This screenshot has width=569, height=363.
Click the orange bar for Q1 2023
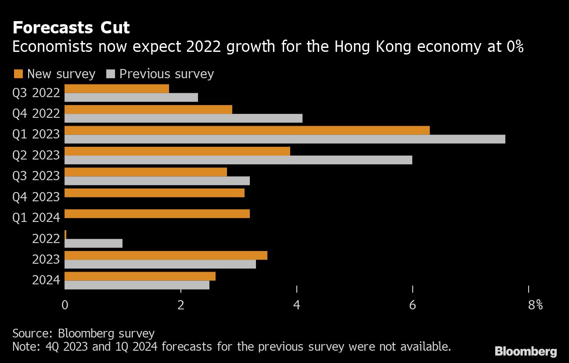pyautogui.click(x=247, y=131)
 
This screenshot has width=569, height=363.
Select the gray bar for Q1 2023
pyautogui.click(x=284, y=139)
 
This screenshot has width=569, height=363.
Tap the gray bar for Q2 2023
pyautogui.click(x=238, y=160)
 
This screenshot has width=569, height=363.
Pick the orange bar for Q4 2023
pyautogui.click(x=154, y=193)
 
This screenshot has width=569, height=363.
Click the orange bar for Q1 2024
pyautogui.click(x=157, y=214)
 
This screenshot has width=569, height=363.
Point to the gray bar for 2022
pyautogui.click(x=93, y=243)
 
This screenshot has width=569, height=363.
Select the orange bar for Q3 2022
pyautogui.click(x=116, y=89)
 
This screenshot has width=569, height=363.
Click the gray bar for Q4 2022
pyautogui.click(x=183, y=118)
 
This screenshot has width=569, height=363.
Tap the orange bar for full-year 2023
pyautogui.click(x=166, y=255)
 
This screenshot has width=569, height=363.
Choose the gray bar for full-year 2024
pyautogui.click(x=137, y=285)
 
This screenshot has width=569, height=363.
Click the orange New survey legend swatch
pyautogui.click(x=18, y=74)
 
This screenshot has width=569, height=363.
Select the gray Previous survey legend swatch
pyautogui.click(x=110, y=74)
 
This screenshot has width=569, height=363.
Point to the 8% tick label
pyautogui.click(x=536, y=305)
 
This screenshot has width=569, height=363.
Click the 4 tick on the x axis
pyautogui.click(x=297, y=305)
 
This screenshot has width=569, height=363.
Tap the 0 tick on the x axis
pyautogui.click(x=65, y=305)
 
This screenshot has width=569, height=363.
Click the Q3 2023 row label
pyautogui.click(x=36, y=176)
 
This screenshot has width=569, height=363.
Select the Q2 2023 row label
pyautogui.click(x=36, y=156)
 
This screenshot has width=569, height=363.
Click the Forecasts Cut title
pyautogui.click(x=71, y=28)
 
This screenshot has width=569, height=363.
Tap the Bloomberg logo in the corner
pyautogui.click(x=526, y=352)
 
